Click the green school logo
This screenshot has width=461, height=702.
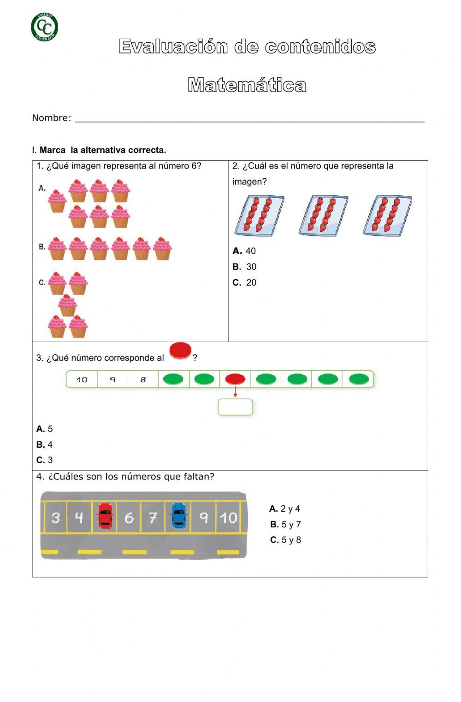click(44, 27)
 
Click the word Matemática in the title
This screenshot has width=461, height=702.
click(247, 85)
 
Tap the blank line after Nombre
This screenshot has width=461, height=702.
click(249, 118)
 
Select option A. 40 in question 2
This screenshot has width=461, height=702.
click(244, 251)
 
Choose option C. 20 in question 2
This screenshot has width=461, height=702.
click(245, 283)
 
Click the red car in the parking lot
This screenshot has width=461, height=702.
click(106, 515)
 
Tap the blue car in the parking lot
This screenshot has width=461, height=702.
click(178, 515)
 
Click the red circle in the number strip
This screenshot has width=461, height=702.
click(235, 379)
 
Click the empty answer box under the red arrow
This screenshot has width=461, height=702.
click(235, 407)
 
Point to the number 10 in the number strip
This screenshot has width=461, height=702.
click(82, 380)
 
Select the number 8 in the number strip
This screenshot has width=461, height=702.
click(143, 380)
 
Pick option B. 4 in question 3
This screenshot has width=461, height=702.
click(45, 445)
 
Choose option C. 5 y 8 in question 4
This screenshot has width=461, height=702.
click(286, 540)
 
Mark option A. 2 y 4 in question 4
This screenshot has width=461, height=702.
click(285, 509)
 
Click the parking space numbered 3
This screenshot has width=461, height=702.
click(56, 518)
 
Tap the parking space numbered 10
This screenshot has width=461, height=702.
click(228, 518)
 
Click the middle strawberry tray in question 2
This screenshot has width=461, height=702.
click(323, 215)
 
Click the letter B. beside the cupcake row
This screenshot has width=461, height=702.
click(42, 247)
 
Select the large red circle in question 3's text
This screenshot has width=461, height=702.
click(180, 351)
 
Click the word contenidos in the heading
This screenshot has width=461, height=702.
click(320, 47)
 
